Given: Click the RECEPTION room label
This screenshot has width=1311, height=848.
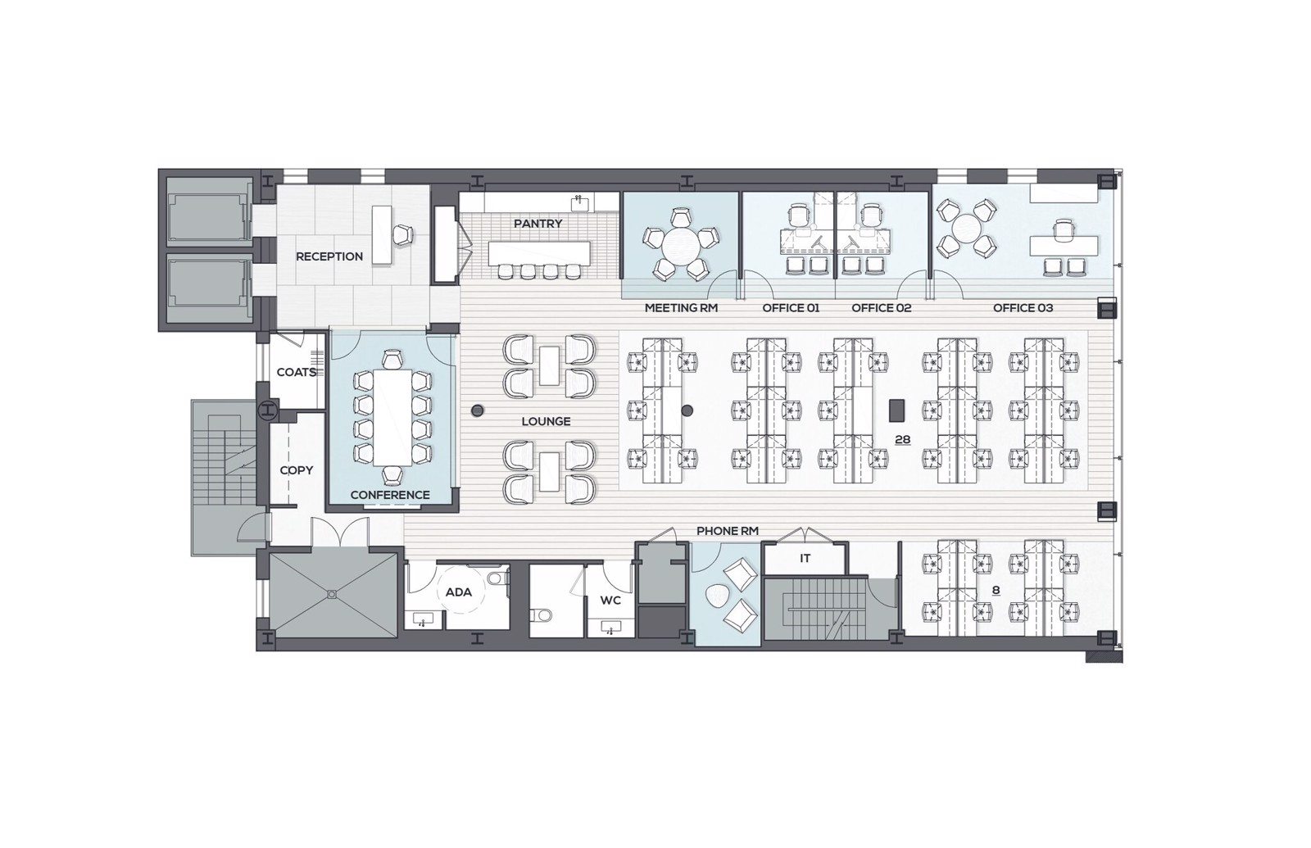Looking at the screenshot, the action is click(329, 256).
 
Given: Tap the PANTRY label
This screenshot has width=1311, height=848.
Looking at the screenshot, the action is click(538, 224).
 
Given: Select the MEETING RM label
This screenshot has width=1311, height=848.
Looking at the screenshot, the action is click(681, 308).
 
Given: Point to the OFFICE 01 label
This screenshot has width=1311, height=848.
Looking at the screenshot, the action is click(791, 308).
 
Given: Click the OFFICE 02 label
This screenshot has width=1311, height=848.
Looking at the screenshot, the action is click(882, 308).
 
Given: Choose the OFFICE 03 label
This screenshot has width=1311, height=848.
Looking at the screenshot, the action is click(1023, 308).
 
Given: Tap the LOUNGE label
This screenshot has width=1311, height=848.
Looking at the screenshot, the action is click(546, 421).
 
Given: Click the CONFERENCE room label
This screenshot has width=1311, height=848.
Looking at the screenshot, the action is click(390, 495).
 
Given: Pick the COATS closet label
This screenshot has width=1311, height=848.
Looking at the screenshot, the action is click(296, 372).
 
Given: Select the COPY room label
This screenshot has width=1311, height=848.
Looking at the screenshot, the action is click(296, 470).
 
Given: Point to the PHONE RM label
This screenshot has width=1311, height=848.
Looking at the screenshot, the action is click(728, 532).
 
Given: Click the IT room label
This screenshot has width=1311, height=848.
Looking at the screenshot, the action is click(805, 559).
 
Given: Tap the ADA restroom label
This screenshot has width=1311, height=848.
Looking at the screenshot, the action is click(458, 592).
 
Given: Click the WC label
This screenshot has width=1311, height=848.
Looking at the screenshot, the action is click(610, 601).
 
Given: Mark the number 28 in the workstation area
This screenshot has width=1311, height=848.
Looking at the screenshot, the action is click(902, 440).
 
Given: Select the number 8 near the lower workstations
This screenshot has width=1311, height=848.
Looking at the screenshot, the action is click(996, 591).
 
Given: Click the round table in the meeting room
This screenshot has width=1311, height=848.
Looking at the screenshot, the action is click(680, 246).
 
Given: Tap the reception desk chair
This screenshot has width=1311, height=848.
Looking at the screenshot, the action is click(402, 234).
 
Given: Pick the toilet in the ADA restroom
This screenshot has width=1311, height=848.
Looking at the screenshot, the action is click(496, 578).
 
